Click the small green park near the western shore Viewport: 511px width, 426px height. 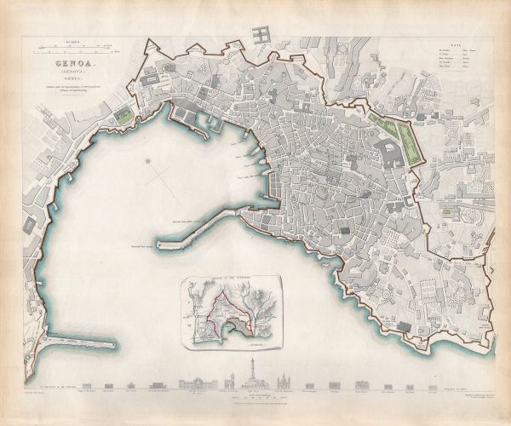coord(126,113)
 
